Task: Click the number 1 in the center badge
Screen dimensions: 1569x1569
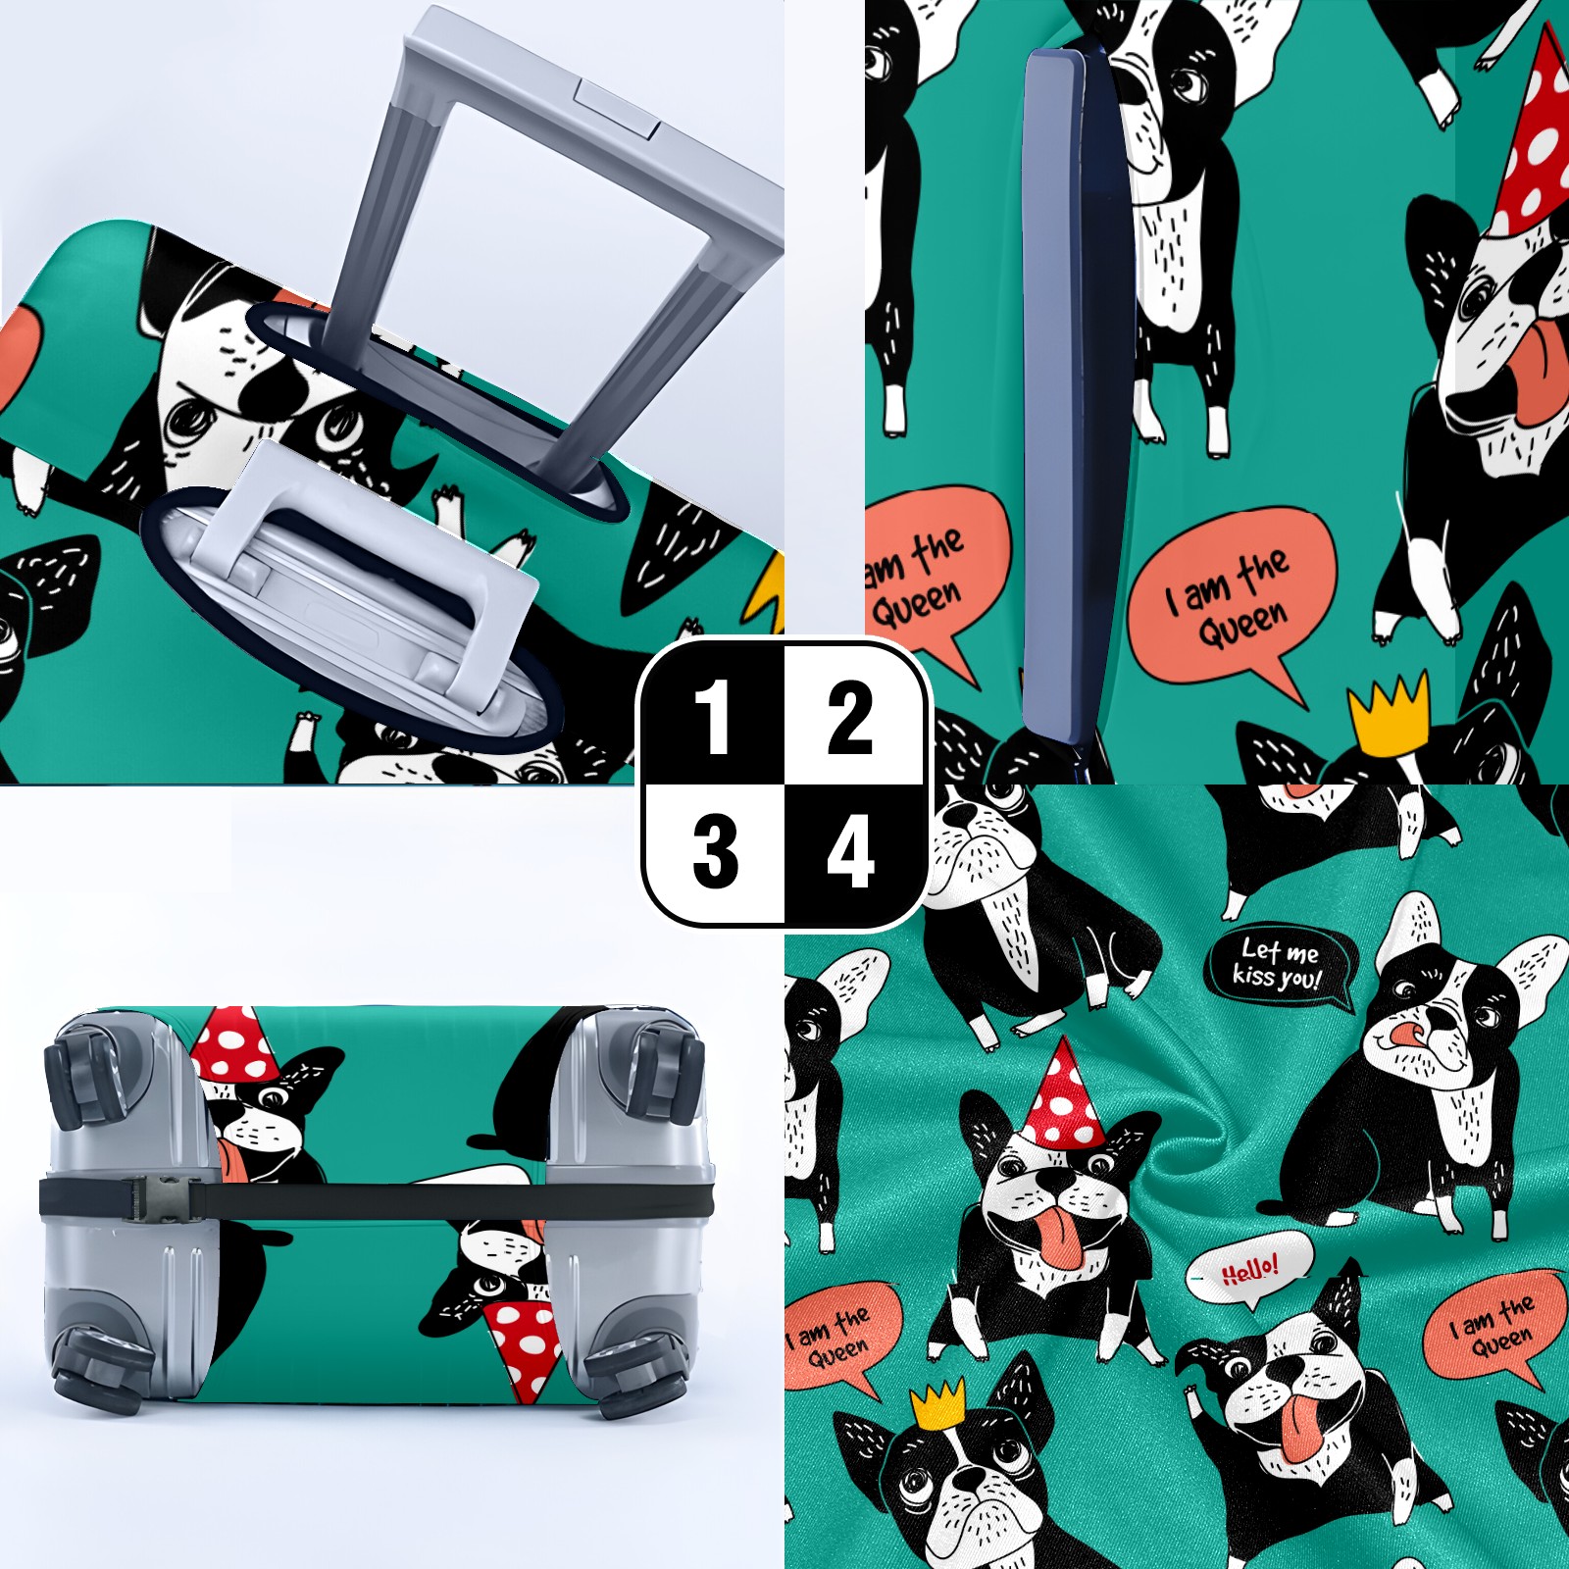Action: [713, 718]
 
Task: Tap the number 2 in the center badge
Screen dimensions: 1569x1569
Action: [850, 718]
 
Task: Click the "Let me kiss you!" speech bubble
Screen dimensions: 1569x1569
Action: [1281, 966]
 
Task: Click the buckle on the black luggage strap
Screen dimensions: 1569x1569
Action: [157, 1198]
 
